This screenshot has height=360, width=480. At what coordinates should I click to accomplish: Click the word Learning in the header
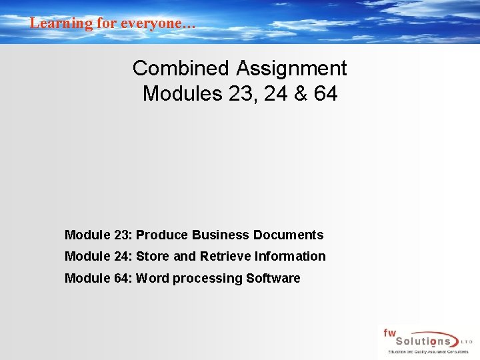coord(52,23)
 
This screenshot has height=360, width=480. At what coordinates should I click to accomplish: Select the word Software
coord(273,278)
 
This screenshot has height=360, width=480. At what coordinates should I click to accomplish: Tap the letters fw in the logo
coord(389,332)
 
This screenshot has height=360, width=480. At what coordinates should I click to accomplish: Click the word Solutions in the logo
coord(420,341)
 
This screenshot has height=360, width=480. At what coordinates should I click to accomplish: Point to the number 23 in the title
coord(241,94)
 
